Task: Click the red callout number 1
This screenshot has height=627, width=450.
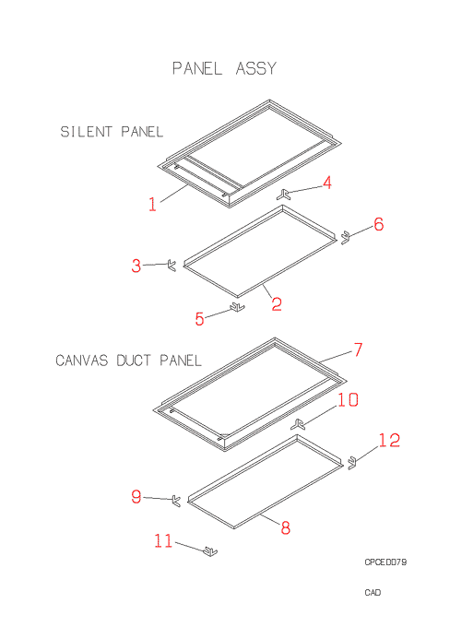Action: point(152,204)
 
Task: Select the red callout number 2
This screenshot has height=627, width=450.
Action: point(277,304)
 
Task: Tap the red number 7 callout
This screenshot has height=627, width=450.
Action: point(358,349)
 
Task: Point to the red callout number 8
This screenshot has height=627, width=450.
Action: point(285,527)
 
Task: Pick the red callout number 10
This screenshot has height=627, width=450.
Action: point(348,400)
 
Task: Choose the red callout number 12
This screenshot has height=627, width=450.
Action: point(389,440)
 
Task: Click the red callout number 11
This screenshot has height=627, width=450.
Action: point(163,541)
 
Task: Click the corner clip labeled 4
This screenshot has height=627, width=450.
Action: point(283,195)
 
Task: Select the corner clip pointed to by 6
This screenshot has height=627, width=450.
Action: point(345,238)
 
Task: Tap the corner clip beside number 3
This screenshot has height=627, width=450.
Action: point(172,266)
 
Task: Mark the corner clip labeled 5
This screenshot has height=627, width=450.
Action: point(237,307)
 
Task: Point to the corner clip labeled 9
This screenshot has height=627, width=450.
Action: point(176,501)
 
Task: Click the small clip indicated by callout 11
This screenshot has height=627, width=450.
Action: point(210,551)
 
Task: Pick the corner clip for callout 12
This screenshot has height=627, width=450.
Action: point(352,463)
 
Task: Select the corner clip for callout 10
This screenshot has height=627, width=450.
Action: point(298,424)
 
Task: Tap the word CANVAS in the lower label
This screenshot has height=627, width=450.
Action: point(82,361)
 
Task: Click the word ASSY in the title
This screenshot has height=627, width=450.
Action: point(256,68)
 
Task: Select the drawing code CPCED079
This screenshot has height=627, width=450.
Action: point(385,562)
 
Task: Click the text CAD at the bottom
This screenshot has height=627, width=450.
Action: point(373,592)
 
